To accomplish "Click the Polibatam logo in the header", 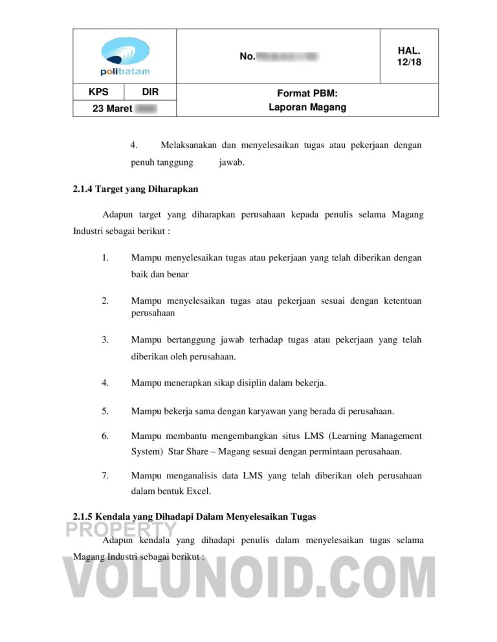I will [x=125, y=56].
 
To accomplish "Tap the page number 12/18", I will [x=409, y=62].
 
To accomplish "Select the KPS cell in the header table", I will [x=98, y=92].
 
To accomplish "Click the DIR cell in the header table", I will [x=150, y=92].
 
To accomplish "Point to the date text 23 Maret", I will [x=113, y=109].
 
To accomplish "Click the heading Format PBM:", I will [x=307, y=94].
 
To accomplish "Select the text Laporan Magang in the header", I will [x=307, y=107].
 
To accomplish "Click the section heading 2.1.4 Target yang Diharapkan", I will [x=135, y=189].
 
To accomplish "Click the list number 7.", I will [x=105, y=476].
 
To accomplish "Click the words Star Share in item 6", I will [x=190, y=451].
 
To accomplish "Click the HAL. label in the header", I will [x=409, y=50].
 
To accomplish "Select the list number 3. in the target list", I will [x=105, y=339].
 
